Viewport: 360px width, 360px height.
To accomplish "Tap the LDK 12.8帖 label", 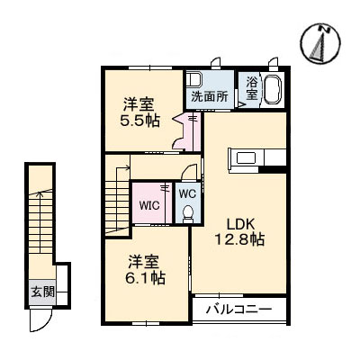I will click(x=238, y=230).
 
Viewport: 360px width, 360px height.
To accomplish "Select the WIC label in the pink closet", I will click(x=148, y=204).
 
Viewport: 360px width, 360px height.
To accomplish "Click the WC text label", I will click(x=185, y=193).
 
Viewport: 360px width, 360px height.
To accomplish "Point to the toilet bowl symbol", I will click(x=186, y=212).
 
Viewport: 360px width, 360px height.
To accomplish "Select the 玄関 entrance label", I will click(x=41, y=291).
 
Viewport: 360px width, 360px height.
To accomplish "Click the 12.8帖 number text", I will click(x=238, y=239).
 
